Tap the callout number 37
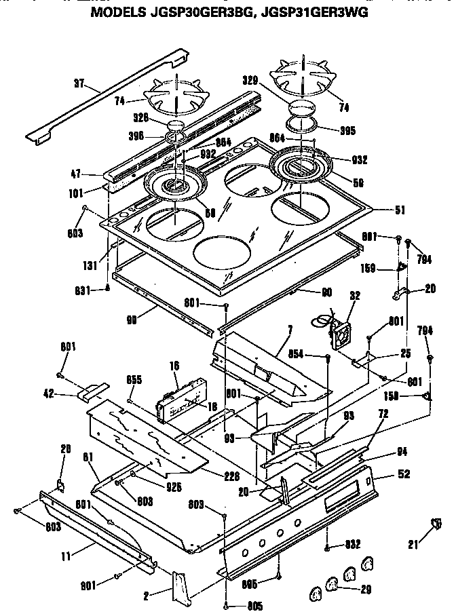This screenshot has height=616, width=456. (x=79, y=84)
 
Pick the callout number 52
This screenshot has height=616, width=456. (x=404, y=475)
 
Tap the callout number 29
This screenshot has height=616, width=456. (x=366, y=590)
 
